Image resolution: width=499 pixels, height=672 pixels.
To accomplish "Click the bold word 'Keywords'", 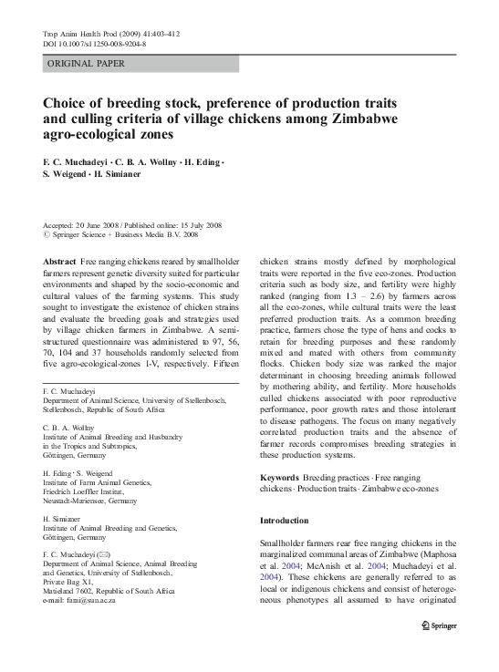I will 279,477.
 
